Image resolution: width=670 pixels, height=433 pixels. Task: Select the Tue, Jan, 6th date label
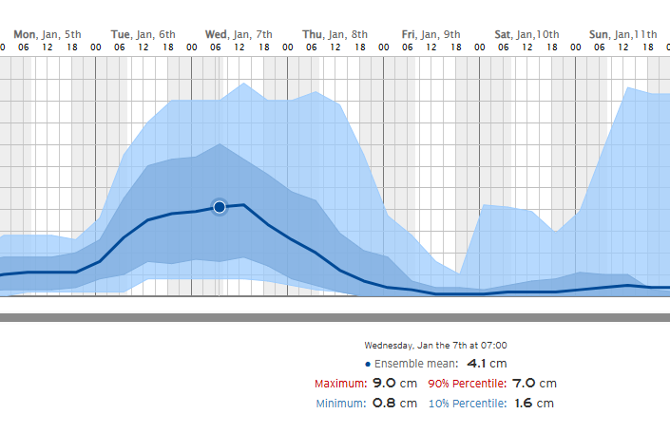click(x=144, y=34)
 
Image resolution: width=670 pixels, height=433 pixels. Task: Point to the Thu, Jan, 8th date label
click(x=335, y=34)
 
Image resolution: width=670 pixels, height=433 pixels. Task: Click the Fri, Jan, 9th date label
click(x=431, y=34)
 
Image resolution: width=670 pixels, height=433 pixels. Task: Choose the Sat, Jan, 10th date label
click(x=527, y=34)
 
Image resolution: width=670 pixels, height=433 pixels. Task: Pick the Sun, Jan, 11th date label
click(x=622, y=34)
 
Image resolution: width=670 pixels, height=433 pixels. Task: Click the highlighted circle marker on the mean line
click(x=220, y=206)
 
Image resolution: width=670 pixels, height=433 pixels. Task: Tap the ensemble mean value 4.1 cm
click(x=487, y=364)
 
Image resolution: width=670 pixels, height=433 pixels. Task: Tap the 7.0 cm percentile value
click(x=534, y=384)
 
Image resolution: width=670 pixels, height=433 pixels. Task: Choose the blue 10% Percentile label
click(x=467, y=404)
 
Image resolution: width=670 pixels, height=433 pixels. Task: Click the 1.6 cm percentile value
click(x=532, y=404)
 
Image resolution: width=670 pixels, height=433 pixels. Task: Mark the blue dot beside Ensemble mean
click(x=368, y=364)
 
